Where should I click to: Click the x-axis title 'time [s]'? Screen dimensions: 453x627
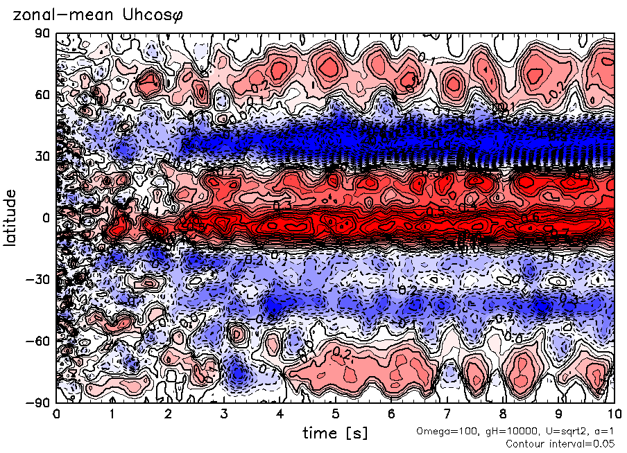(335, 434)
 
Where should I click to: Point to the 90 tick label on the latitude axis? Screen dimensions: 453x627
(43, 33)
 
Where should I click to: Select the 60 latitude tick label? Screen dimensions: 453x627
(43, 94)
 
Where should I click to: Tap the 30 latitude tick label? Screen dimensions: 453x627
(43, 156)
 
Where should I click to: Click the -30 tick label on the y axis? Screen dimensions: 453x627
(40, 278)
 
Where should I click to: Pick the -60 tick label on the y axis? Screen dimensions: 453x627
(40, 340)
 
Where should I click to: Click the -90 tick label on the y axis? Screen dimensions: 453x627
(40, 402)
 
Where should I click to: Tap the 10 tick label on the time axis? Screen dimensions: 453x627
(614, 414)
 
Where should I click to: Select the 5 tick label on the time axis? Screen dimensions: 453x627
(336, 414)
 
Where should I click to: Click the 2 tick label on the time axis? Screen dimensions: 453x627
(168, 414)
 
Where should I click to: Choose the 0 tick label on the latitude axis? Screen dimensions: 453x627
(47, 217)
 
